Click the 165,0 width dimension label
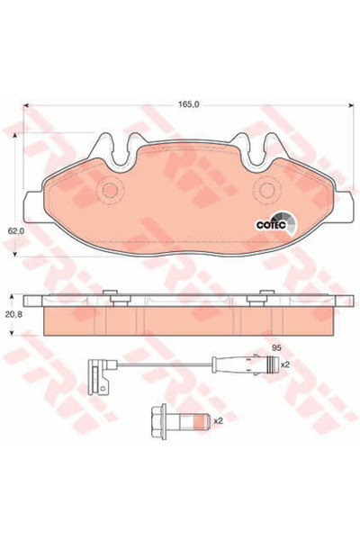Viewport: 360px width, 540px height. tap(187, 103)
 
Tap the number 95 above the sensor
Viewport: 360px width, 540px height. tap(277, 347)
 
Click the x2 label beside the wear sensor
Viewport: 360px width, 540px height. tap(286, 365)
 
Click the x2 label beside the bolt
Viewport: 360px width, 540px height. tap(217, 419)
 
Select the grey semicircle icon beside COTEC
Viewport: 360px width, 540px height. tap(285, 219)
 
